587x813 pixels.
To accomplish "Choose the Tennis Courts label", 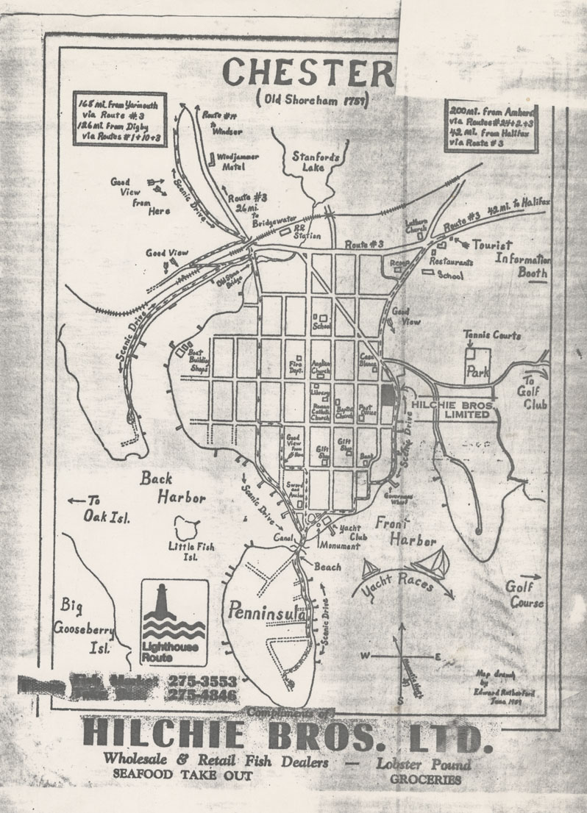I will click(491, 335).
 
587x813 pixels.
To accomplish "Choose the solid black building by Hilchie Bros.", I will click(388, 395).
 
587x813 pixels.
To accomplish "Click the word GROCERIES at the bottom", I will click(426, 779).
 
